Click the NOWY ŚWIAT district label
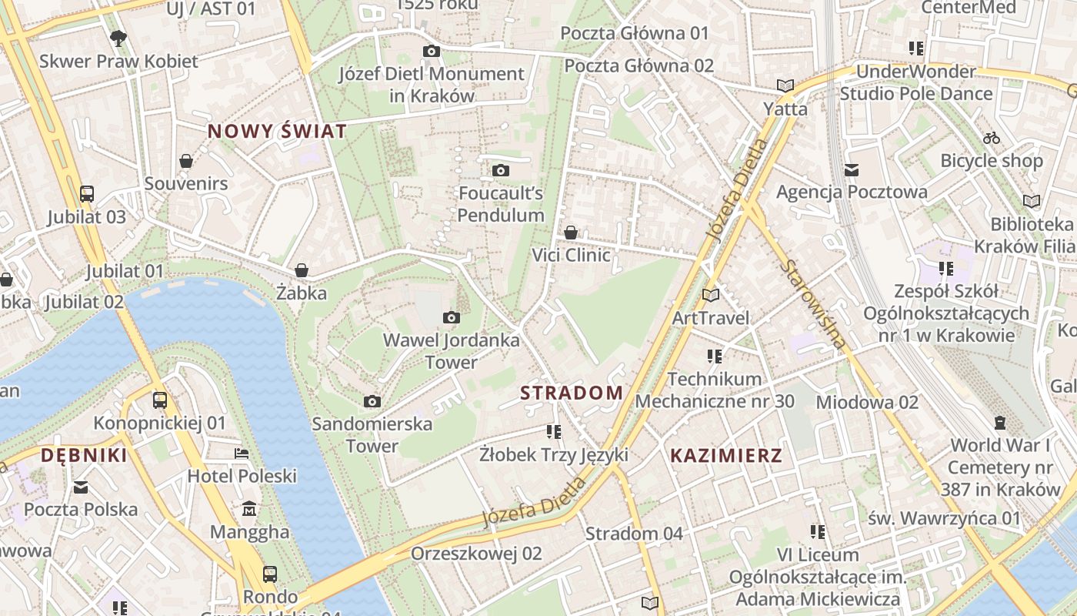277,131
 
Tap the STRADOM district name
572,393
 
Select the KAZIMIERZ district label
725,455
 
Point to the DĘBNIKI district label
84,455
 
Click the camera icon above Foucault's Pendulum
501,170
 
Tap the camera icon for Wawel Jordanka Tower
452,317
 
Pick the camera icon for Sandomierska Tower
372,401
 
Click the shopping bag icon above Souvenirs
186,161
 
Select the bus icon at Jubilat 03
87,193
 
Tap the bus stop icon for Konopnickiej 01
160,400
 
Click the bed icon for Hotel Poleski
242,454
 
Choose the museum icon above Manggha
250,509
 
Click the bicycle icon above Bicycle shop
992,138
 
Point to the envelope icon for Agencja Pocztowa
852,169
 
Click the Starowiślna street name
812,305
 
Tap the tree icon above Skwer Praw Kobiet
118,38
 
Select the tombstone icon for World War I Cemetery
1000,422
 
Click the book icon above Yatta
785,85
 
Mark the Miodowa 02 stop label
867,402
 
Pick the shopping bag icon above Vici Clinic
571,232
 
